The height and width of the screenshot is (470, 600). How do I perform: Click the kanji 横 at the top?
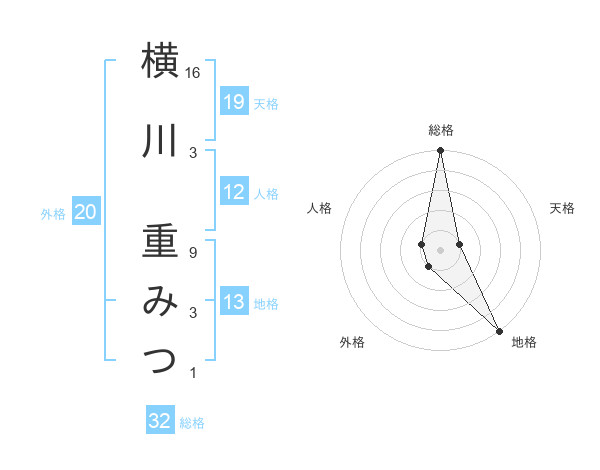[x=160, y=62]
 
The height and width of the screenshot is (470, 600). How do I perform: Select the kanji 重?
[x=160, y=241]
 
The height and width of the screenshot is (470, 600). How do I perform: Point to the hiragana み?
[x=160, y=301]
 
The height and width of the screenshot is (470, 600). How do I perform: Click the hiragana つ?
[x=160, y=361]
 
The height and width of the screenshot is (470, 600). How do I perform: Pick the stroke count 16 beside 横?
[x=193, y=73]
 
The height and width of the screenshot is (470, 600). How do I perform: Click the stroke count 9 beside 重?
[x=192, y=253]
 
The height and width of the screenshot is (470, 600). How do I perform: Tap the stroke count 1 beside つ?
[x=192, y=373]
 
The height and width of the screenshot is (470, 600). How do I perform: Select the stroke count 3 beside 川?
[x=192, y=152]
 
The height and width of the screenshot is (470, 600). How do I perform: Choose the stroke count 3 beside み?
[x=192, y=313]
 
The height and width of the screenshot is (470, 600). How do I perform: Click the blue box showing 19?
[x=234, y=102]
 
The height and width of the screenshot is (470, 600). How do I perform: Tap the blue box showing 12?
[x=234, y=192]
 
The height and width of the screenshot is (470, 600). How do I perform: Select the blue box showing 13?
[x=234, y=302]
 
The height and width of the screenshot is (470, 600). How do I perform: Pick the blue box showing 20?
[x=86, y=212]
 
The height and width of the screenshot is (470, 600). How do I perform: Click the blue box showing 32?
[x=160, y=421]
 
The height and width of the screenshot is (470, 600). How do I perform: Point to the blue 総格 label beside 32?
[x=192, y=423]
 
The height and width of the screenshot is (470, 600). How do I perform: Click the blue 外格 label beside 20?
[x=53, y=213]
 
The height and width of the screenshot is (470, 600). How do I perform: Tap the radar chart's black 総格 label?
[x=441, y=130]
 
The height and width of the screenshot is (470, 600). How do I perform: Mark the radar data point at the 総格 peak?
[x=440, y=152]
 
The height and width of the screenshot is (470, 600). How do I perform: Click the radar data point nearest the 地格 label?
[x=499, y=330]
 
